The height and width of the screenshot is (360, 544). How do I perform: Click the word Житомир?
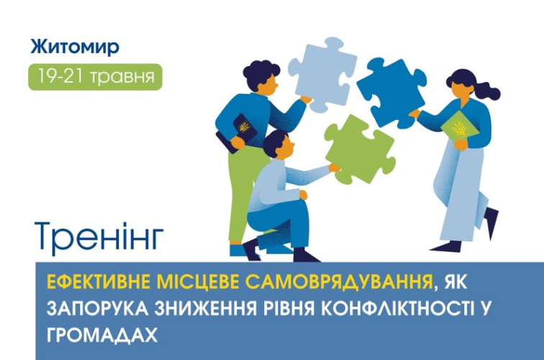pos(75,48)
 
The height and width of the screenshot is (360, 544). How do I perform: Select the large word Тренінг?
pos(99,236)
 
